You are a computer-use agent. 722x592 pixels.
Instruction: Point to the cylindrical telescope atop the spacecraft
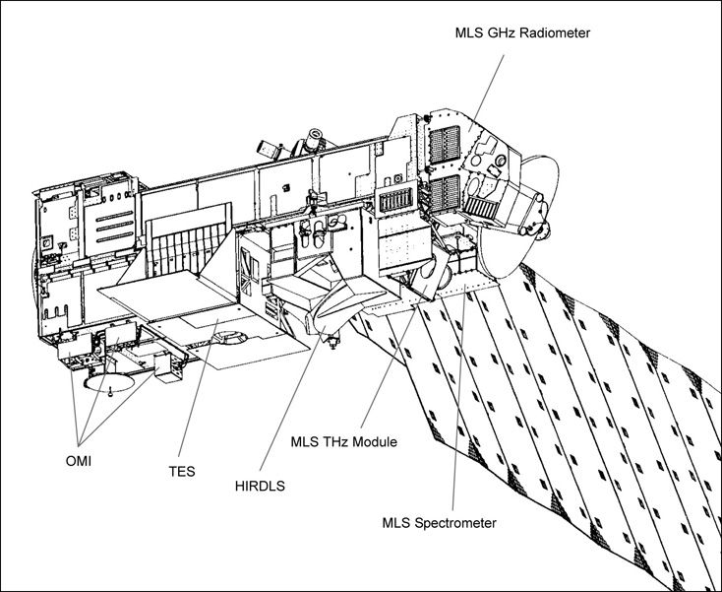click(314, 139)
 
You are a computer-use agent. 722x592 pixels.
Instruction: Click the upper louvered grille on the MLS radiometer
click(447, 138)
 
